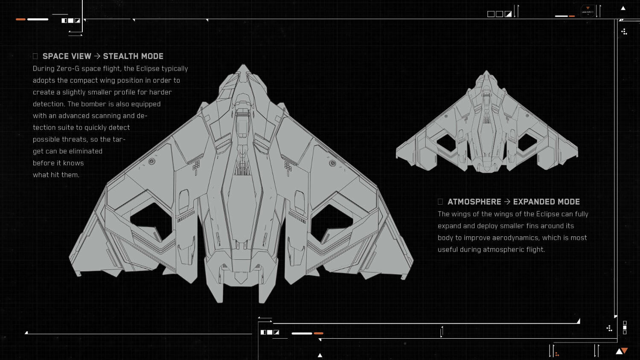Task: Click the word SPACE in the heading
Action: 55,56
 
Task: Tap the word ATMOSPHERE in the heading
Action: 474,202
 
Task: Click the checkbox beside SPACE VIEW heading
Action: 35,56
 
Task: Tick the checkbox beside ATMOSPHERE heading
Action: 440,202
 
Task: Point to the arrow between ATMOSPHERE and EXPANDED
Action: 507,202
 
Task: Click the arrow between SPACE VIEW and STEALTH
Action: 97,56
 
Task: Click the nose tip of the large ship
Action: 243,66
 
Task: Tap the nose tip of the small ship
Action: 486,71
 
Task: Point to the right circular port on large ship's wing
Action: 332,163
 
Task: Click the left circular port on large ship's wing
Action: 152,161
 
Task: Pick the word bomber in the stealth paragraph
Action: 93,104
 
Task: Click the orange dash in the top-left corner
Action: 20,19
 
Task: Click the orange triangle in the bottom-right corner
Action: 625,351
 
